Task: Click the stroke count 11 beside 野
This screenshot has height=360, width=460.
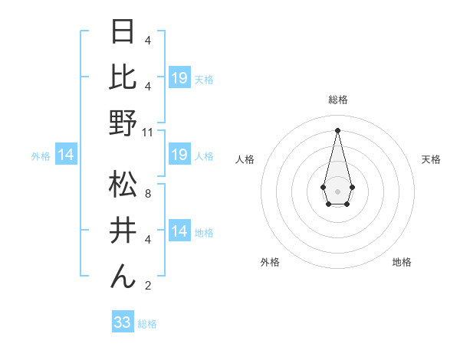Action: (149, 132)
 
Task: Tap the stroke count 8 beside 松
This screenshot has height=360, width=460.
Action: (147, 194)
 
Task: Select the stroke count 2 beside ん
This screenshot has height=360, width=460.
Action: (147, 286)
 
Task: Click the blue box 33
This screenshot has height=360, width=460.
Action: (123, 322)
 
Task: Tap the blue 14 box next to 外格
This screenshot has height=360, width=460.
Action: (66, 155)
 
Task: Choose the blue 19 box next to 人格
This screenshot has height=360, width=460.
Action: (179, 155)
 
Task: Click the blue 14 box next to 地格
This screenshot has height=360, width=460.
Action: (179, 232)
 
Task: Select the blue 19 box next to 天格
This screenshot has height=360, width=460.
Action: (179, 78)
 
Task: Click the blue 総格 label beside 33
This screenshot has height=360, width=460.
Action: (147, 324)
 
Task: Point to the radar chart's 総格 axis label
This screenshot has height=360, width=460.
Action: (338, 100)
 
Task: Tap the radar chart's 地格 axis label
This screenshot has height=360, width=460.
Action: (402, 262)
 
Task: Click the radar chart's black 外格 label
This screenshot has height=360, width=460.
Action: (270, 262)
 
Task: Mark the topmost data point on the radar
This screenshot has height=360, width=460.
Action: (337, 129)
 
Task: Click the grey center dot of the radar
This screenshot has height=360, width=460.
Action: (337, 190)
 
